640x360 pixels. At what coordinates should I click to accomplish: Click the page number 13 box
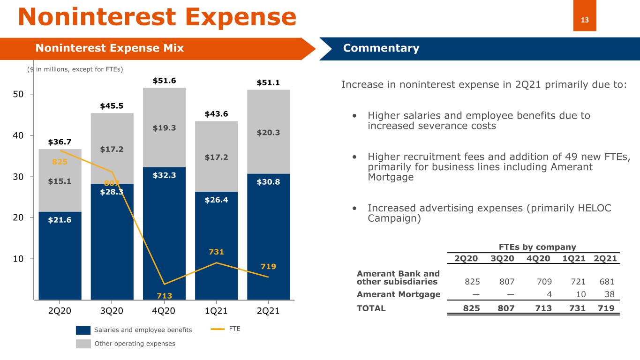click(x=585, y=20)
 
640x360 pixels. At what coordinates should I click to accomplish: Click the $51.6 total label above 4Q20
click(x=164, y=81)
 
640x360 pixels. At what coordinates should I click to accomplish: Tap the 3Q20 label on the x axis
click(x=112, y=311)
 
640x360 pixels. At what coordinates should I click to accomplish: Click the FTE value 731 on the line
click(x=216, y=252)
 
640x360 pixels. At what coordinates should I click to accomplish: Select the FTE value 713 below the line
click(x=164, y=296)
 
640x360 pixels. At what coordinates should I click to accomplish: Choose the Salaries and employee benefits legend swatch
click(x=83, y=330)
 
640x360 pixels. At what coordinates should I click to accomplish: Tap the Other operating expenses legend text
click(x=135, y=344)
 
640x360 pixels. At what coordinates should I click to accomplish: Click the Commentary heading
click(x=381, y=48)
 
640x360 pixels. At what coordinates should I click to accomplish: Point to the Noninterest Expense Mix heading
click(x=110, y=48)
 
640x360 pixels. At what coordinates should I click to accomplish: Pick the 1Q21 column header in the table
click(x=576, y=259)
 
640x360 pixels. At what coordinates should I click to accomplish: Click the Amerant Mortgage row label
click(x=399, y=294)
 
